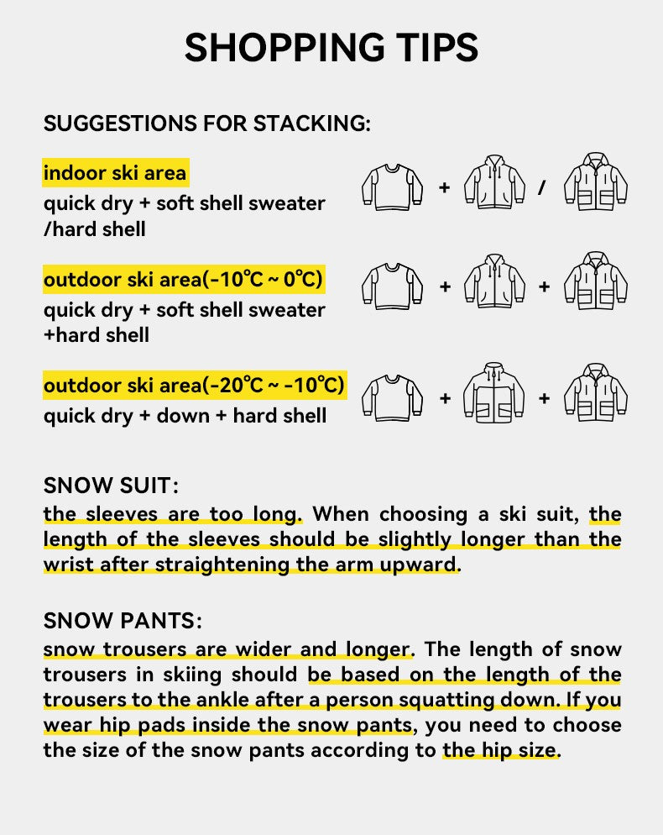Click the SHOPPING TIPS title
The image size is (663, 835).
pyautogui.click(x=331, y=48)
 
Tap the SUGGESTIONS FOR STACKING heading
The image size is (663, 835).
pyautogui.click(x=206, y=123)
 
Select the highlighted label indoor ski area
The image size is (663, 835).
pyautogui.click(x=115, y=174)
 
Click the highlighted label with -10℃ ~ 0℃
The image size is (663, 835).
pyautogui.click(x=183, y=280)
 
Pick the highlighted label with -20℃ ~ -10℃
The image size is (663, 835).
pyautogui.click(x=194, y=386)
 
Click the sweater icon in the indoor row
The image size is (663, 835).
pyautogui.click(x=392, y=186)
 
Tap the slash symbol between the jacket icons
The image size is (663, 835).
pyautogui.click(x=541, y=186)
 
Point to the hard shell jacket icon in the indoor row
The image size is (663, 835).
pyautogui.click(x=596, y=183)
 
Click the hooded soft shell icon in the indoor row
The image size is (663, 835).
pyautogui.click(x=494, y=183)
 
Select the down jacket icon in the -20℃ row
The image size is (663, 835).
pyautogui.click(x=494, y=394)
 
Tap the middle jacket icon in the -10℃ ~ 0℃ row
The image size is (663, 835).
pyautogui.click(x=494, y=283)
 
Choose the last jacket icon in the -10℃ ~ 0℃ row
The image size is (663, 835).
pyautogui.click(x=596, y=283)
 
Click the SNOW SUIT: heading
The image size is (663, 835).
pyautogui.click(x=112, y=486)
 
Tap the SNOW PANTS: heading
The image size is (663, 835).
pyautogui.click(x=123, y=622)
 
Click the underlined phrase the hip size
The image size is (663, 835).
pyautogui.click(x=499, y=750)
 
